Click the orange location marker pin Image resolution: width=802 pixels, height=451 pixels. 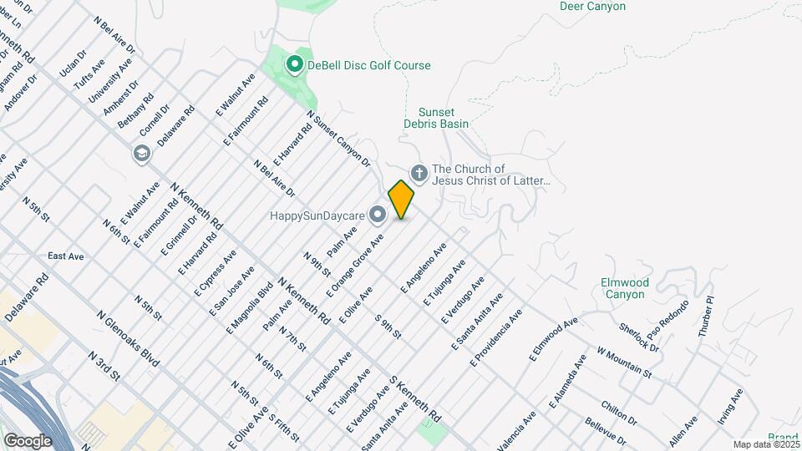tap(401, 199)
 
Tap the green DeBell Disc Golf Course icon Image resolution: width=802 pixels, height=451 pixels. tap(294, 64)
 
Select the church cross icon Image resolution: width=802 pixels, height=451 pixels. tap(419, 174)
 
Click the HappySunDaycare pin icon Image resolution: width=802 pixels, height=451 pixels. tap(378, 215)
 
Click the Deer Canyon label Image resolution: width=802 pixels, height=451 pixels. tap(592, 6)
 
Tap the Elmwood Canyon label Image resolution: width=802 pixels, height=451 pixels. tap(624, 288)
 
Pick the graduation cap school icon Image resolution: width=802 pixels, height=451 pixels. tap(141, 153)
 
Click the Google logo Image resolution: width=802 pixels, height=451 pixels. tap(28, 440)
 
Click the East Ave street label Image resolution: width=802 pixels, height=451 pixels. tap(66, 256)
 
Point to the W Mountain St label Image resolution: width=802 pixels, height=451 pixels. tap(623, 360)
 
